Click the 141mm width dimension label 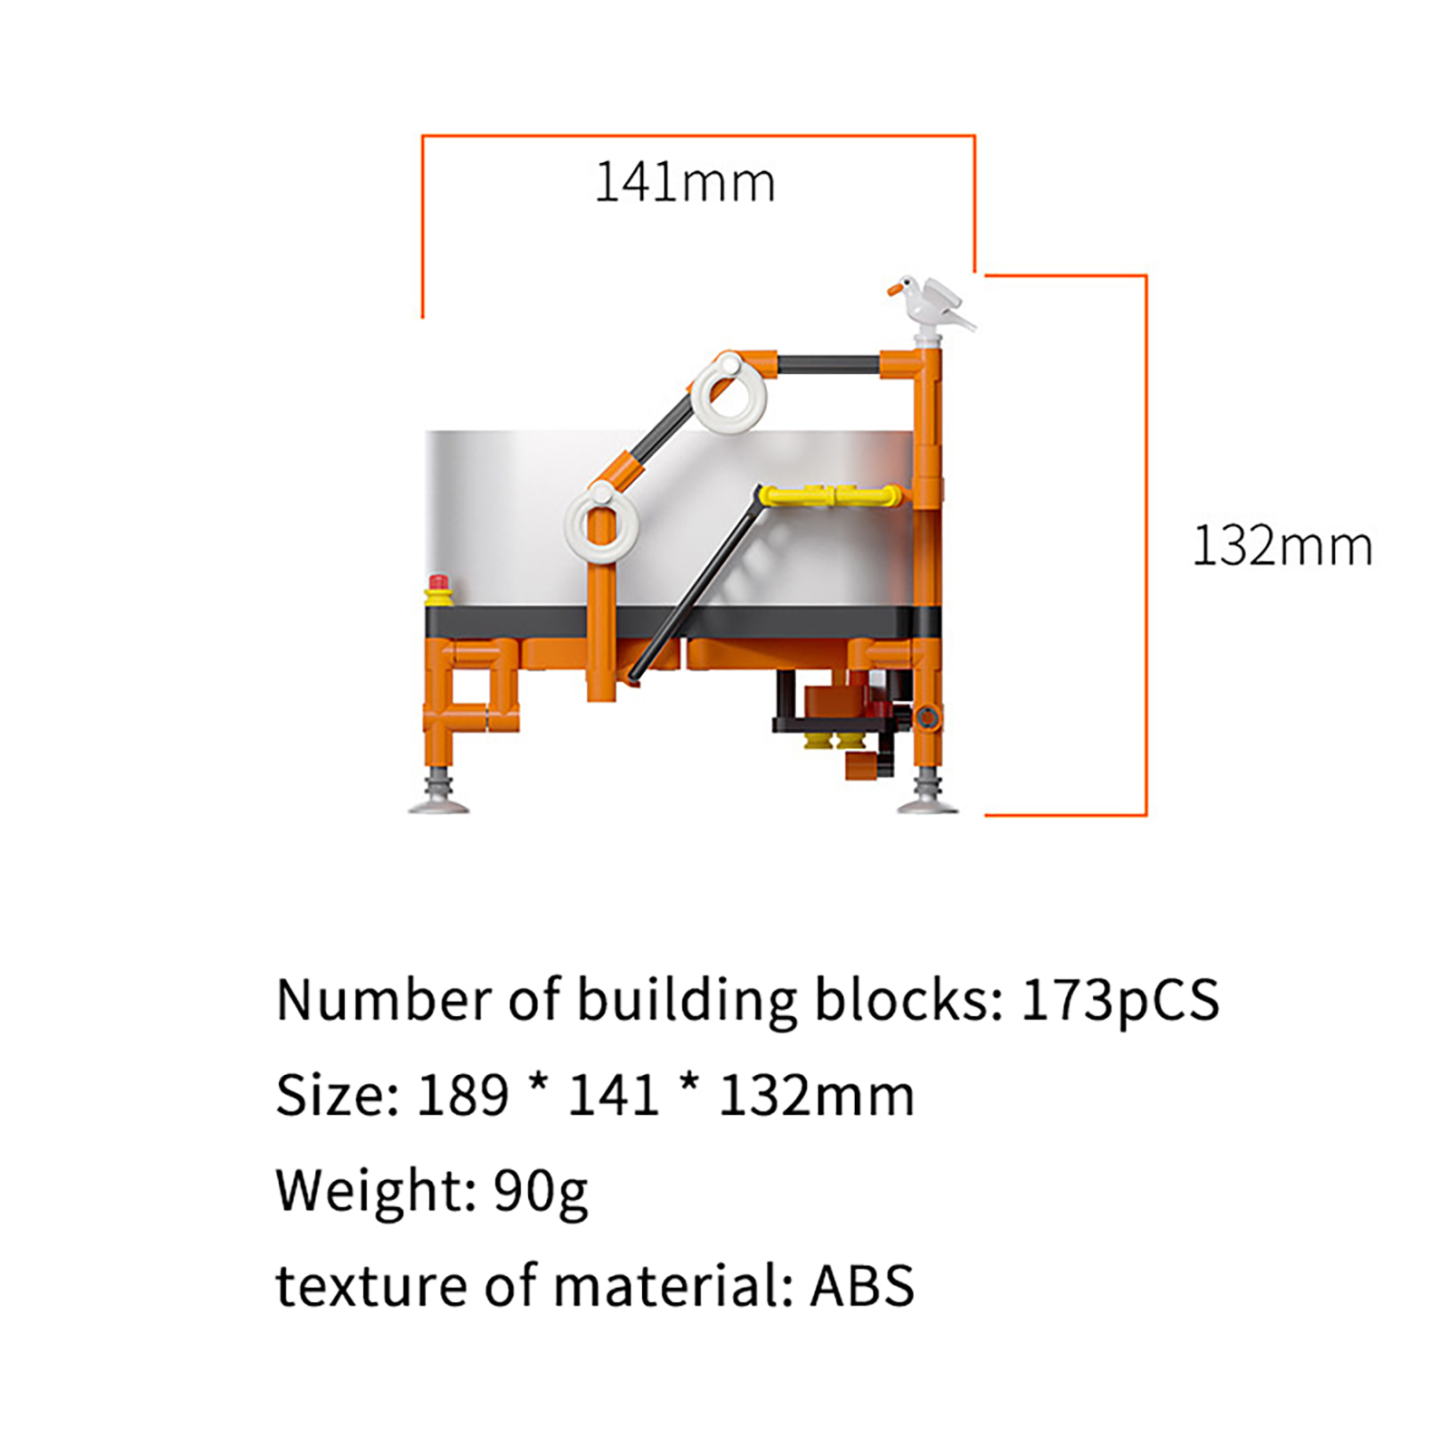[x=685, y=182]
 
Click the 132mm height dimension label [x=1282, y=546]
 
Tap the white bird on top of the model [x=931, y=304]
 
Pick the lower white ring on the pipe [x=602, y=524]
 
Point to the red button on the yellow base [x=439, y=581]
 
